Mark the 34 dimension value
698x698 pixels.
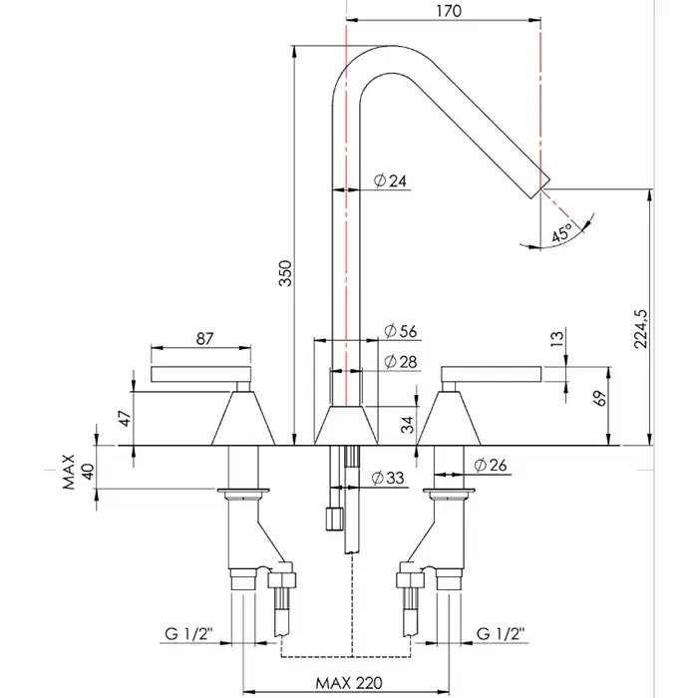tap(406, 426)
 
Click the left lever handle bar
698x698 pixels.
tap(197, 375)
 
